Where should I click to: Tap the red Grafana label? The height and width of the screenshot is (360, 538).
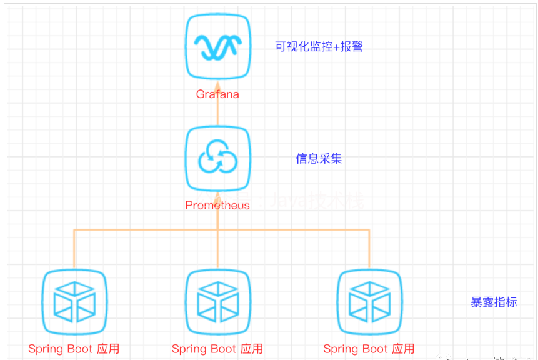pos(217,94)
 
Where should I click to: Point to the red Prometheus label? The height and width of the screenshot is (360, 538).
pos(217,205)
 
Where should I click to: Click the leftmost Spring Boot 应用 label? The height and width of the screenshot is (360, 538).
pos(74,349)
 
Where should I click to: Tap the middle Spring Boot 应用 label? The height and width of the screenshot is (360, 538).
pos(217,349)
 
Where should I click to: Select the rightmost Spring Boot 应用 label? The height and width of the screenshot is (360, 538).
pos(369,349)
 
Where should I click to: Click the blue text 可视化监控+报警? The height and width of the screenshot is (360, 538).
pos(319,47)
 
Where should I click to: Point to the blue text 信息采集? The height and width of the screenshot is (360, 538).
pos(319,159)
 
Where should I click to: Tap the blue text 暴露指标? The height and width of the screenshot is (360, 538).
pos(494,302)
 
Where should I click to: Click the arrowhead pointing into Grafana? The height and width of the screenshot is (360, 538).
pos(217,86)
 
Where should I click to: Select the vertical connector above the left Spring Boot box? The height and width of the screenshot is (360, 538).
pos(74,250)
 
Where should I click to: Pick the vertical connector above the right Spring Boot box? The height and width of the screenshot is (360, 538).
pos(369,250)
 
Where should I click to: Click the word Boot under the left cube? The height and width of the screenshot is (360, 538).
pos(79,349)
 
